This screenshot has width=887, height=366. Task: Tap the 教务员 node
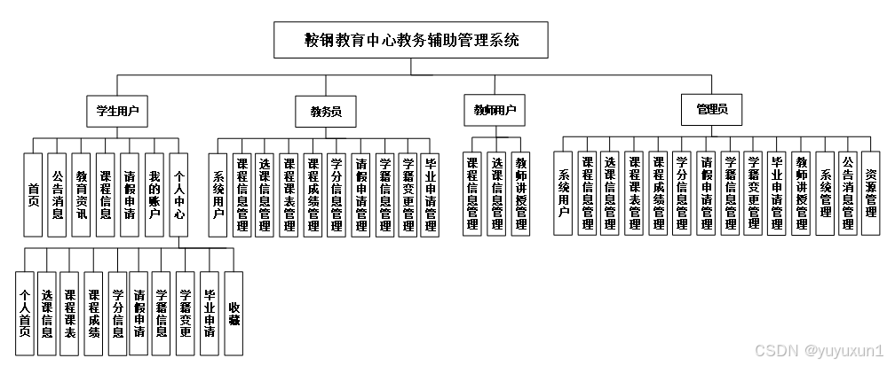[325, 112]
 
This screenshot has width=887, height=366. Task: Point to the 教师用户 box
[495, 111]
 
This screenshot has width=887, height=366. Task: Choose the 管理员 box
[712, 110]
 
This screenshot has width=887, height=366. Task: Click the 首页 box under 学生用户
[34, 195]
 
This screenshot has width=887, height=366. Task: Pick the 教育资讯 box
[82, 195]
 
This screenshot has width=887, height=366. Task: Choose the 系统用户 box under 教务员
[218, 195]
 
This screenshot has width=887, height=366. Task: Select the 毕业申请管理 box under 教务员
[431, 195]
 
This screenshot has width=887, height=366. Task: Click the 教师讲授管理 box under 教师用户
[520, 195]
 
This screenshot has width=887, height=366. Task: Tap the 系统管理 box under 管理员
[824, 195]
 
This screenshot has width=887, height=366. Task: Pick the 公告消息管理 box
[848, 195]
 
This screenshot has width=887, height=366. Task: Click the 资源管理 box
[871, 195]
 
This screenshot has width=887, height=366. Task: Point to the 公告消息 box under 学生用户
[58, 195]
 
